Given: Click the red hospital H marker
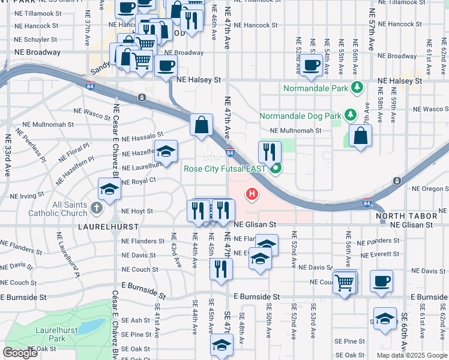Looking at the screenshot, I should click(x=252, y=194).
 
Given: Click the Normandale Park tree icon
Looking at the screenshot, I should click(x=357, y=88).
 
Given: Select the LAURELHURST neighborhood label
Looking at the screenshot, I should click(x=108, y=227).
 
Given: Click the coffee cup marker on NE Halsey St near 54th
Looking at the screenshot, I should click(x=311, y=65).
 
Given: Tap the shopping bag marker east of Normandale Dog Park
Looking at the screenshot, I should click(x=360, y=136).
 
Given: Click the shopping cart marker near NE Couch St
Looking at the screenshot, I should click(x=345, y=282).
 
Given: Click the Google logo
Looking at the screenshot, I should click(x=20, y=353).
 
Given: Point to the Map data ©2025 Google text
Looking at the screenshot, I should click(x=412, y=355).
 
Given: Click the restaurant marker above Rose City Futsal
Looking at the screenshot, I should click(x=270, y=152).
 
